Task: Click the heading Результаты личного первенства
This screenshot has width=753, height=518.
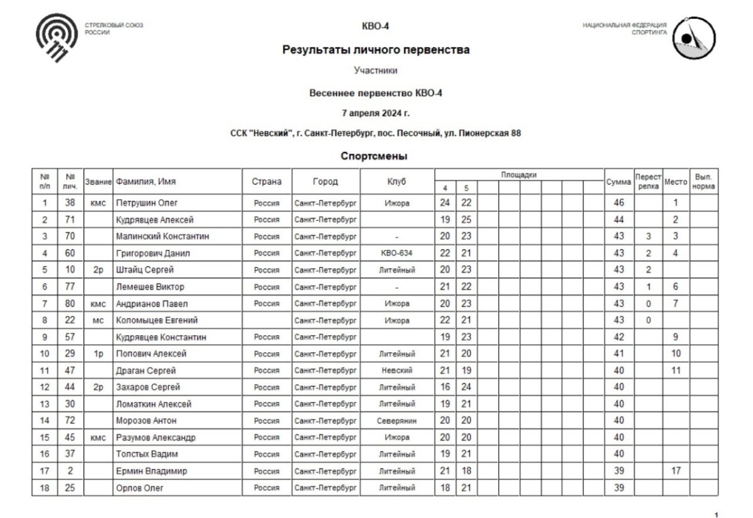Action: click(376, 50)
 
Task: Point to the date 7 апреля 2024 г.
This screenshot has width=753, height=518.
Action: click(376, 113)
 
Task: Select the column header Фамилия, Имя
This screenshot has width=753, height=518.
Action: click(145, 181)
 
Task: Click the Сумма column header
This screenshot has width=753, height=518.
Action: click(618, 181)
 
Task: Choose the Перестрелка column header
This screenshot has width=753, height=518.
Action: click(648, 181)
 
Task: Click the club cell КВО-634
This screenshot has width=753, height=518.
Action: click(397, 253)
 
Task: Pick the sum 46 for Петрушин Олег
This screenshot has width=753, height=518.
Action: click(618, 203)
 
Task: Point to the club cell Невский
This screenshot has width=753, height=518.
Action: click(397, 370)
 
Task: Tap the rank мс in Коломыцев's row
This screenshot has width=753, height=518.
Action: click(97, 320)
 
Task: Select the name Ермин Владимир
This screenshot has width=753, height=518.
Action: click(151, 471)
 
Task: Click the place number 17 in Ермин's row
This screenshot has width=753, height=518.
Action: click(676, 471)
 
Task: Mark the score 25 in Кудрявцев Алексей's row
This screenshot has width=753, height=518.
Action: click(466, 220)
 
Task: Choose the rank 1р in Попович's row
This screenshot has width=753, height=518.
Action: click(97, 353)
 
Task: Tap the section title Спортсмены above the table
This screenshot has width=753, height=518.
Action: click(375, 155)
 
